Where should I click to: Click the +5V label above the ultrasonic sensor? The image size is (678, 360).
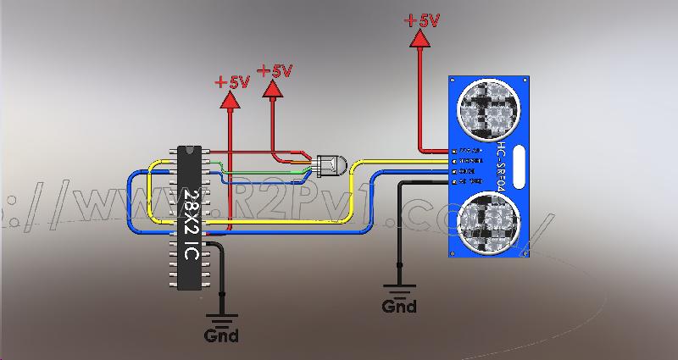(x=421, y=19)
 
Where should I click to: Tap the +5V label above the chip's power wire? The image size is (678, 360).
(x=231, y=83)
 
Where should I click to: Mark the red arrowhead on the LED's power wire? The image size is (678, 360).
(x=272, y=89)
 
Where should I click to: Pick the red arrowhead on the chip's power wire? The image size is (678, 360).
(x=229, y=101)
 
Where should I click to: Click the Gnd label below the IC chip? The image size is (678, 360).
(x=221, y=335)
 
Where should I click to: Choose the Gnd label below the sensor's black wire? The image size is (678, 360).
(x=399, y=306)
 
